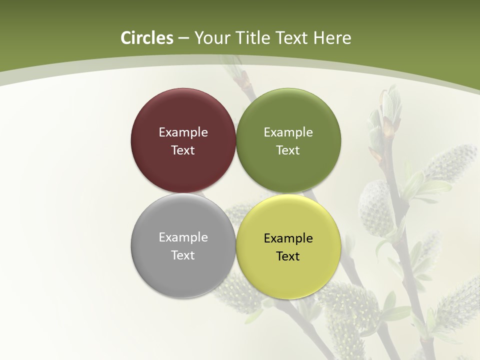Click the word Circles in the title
(x=147, y=38)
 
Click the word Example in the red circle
(x=183, y=132)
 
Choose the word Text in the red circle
(x=183, y=150)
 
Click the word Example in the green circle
(x=288, y=132)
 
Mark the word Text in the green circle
(x=288, y=150)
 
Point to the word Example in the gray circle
(x=183, y=237)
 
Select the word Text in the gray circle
(x=183, y=255)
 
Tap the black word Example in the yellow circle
(x=288, y=238)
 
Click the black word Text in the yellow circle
(x=288, y=256)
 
